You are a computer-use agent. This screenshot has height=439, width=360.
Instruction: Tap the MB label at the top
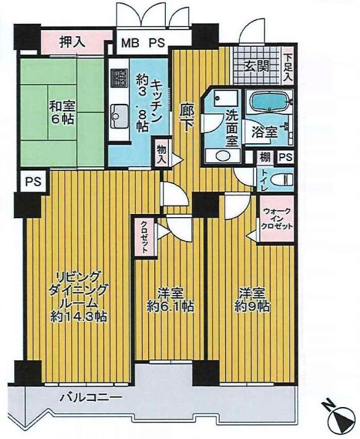[130, 43]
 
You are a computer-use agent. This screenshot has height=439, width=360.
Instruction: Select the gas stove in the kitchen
[119, 77]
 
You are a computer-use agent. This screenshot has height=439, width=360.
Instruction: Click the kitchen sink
[120, 116]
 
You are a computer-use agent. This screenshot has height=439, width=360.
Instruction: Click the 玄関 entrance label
[256, 66]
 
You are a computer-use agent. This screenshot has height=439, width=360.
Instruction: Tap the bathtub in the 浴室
[269, 102]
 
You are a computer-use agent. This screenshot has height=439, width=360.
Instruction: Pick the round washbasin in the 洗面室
[222, 156]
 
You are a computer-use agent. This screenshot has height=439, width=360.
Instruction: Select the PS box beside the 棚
[285, 157]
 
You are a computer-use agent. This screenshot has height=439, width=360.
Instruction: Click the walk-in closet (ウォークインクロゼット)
[277, 218]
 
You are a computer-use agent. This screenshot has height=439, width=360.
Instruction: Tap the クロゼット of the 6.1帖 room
[144, 237]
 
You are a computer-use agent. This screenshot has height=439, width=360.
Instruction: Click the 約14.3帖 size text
[78, 317]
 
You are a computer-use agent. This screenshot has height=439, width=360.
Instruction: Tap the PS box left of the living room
[34, 181]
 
